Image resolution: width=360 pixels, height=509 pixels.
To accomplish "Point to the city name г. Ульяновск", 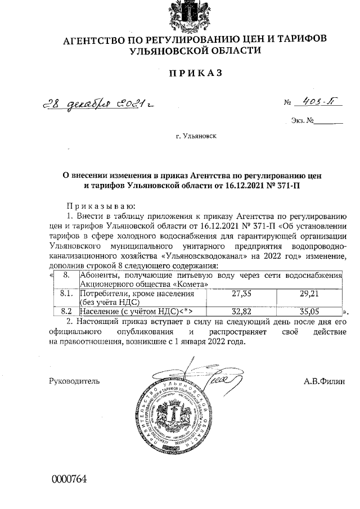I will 195,136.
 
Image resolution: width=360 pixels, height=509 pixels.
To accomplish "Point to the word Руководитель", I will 74,381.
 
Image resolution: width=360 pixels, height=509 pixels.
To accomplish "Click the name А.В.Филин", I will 324,381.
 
